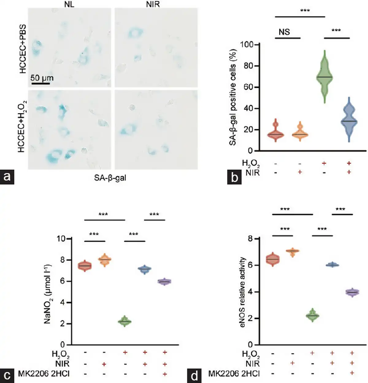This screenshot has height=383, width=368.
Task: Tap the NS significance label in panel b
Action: coord(284,32)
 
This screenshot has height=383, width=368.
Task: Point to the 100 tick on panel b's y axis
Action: coord(247,45)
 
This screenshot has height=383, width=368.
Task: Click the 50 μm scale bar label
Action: coord(42,78)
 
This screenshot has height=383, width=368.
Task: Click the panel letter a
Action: coord(7,177)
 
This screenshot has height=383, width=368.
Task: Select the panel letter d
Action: coord(194,376)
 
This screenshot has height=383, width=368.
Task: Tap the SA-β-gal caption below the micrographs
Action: coord(110,178)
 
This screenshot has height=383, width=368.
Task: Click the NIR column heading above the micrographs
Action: coord(153,4)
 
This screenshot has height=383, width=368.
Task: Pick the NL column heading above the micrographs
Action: coord(69,4)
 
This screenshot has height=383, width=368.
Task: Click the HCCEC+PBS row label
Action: coord(23,49)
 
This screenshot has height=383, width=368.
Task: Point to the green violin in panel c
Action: coord(125,321)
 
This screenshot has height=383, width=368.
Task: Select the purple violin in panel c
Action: coord(165,282)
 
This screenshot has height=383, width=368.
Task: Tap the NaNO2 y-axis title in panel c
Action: coord(48,294)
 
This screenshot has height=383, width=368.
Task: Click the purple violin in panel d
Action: coord(352,292)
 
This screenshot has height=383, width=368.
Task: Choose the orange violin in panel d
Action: coord(292,252)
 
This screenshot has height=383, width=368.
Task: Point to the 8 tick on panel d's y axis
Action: coord(250,239)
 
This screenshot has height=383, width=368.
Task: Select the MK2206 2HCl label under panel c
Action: coord(44,374)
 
